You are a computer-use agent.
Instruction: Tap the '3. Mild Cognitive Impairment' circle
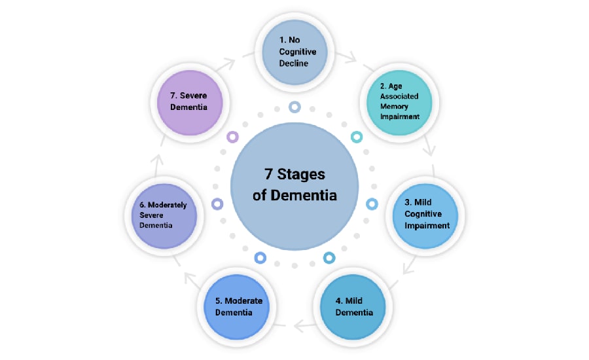(x=426, y=214)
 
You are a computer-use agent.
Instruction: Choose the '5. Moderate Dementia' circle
(x=238, y=306)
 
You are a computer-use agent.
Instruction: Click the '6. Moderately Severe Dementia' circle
(x=164, y=215)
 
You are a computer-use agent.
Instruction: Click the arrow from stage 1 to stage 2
(x=349, y=59)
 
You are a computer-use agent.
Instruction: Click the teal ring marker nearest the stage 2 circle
(x=357, y=137)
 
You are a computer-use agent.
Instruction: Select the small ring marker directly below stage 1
(x=294, y=107)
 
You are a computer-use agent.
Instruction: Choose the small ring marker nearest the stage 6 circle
(x=217, y=204)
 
